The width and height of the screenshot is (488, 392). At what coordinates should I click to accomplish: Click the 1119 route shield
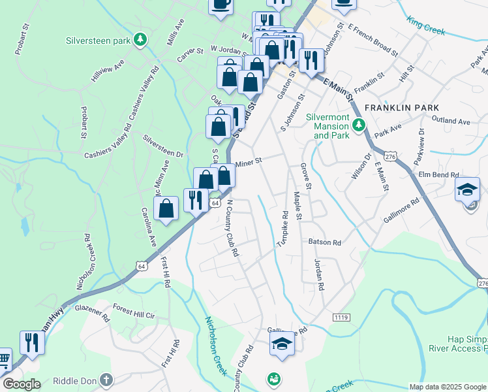click(x=341, y=317)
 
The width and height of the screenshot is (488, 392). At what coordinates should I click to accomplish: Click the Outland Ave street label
click(x=450, y=122)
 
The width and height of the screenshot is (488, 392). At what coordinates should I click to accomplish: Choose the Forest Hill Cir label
click(x=133, y=315)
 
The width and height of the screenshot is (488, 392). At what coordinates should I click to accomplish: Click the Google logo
click(x=22, y=384)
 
